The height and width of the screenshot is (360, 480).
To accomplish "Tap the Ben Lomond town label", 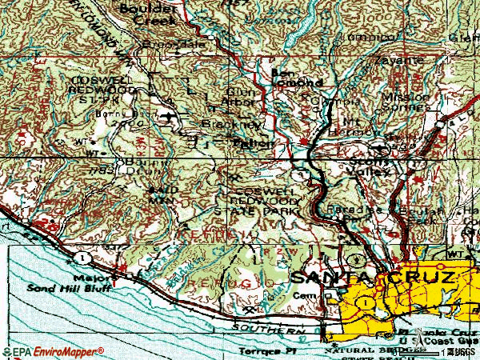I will pos(297,78).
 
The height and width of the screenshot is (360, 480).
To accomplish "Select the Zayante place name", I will pos(395,60).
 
